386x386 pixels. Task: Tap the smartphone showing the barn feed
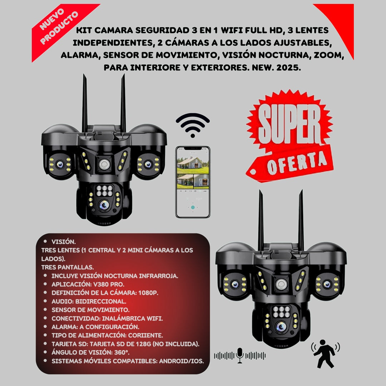coord(193,182)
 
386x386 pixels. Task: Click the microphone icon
coord(239,355)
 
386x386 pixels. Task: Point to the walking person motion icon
coord(325,353)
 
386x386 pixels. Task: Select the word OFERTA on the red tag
coord(297,163)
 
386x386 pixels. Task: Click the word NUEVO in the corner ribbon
coord(52,19)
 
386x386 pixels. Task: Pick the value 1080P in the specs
coord(148,293)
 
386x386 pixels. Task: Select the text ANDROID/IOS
coord(182,361)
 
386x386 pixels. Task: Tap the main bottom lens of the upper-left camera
coord(104,204)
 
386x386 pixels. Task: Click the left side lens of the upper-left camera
coord(60,164)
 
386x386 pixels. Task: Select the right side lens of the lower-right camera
coord(327,284)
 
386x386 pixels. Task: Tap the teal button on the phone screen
coord(193,207)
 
